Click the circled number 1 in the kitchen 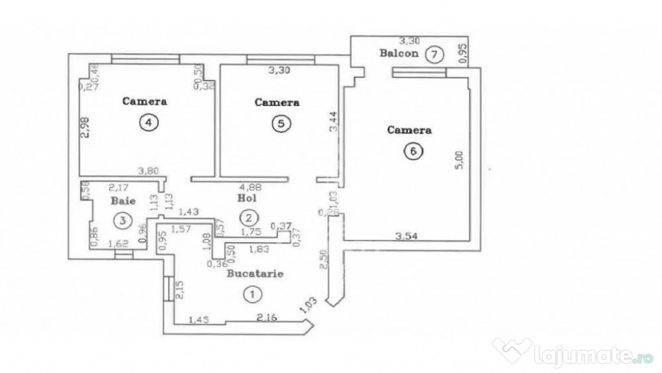[250, 292]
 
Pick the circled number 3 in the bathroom [122, 220]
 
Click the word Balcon [397, 54]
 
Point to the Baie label [122, 200]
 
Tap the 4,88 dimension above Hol [249, 186]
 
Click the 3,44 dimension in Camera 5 [333, 125]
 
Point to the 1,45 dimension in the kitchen [199, 319]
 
